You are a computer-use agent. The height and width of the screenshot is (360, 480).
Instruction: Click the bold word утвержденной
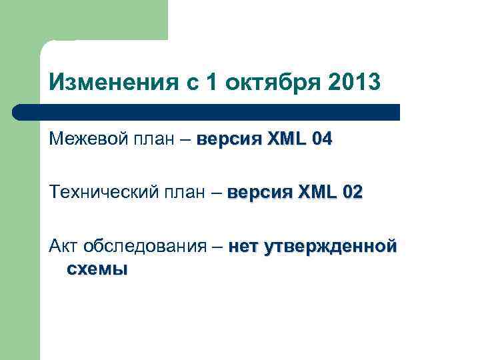[x=331, y=247]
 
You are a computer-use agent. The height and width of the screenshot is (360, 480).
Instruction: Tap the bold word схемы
[x=97, y=269]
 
